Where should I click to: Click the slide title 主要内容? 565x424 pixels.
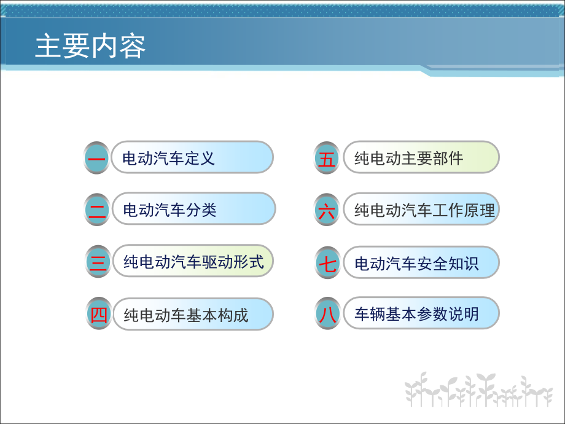[90, 46]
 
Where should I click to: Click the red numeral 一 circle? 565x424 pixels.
[96, 158]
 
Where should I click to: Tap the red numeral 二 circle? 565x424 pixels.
[97, 210]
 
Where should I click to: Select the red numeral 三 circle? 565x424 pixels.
[98, 262]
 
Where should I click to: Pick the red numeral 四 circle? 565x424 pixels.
[99, 313]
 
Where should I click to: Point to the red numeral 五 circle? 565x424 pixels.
[327, 158]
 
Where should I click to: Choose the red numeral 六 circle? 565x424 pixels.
[327, 210]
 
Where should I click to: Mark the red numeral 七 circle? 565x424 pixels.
[327, 262]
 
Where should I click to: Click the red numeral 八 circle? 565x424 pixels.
[327, 313]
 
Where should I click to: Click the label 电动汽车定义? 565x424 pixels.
[168, 158]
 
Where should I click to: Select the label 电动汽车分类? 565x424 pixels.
[169, 210]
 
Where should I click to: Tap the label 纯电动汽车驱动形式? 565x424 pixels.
[193, 262]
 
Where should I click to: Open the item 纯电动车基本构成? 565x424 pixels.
[186, 315]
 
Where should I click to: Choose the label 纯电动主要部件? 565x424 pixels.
[408, 158]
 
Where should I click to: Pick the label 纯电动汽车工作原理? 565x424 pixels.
[424, 210]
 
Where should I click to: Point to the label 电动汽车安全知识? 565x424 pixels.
[416, 263]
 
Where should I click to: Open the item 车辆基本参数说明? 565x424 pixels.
[416, 313]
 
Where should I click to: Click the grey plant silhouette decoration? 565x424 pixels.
[478, 390]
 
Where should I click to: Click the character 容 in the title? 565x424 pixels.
[133, 46]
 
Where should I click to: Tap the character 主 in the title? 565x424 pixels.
[48, 46]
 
